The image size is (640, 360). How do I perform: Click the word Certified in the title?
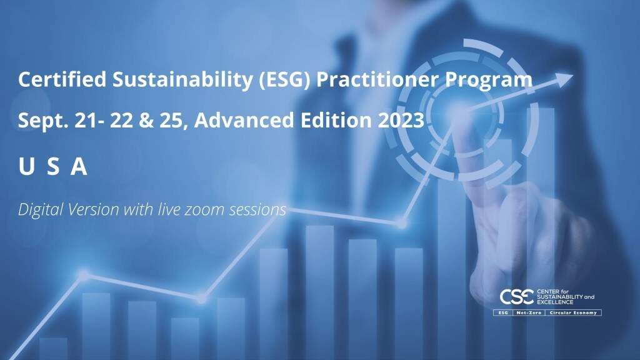62,79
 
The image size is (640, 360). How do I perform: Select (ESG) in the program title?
285,80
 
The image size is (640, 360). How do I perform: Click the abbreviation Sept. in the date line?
43,121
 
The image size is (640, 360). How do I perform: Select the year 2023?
401,121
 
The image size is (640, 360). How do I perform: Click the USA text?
53,166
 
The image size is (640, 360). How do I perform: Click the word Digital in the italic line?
41,210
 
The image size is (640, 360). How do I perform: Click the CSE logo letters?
517,297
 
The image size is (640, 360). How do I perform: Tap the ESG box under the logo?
503,312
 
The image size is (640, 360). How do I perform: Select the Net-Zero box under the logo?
529,312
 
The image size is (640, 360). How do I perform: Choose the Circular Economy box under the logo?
574,312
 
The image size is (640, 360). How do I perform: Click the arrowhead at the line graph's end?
564,79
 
